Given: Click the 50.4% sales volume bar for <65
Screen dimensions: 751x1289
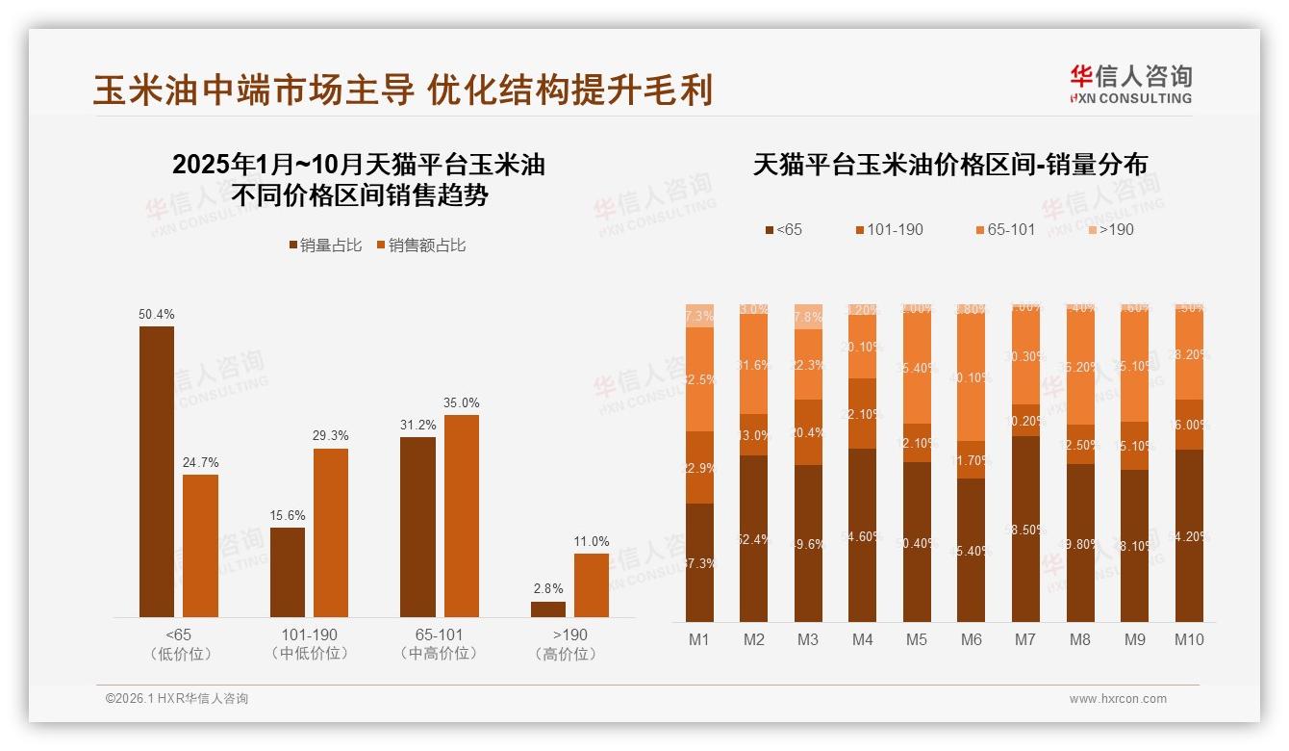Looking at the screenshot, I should tap(157, 472).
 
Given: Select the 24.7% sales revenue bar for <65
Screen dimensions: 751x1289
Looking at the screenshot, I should tap(200, 546).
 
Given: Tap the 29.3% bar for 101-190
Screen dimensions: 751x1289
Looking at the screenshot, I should tap(331, 532).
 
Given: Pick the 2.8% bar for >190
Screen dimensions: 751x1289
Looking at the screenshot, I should tap(548, 609).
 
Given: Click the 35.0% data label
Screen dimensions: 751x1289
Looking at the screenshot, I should tap(461, 402).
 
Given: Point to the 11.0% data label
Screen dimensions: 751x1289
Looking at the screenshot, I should tap(592, 541).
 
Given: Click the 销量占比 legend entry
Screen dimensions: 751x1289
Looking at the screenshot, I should tap(325, 246).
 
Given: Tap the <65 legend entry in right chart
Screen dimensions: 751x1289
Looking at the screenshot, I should tap(783, 229).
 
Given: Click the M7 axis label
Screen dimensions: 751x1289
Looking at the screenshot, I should tap(1025, 639).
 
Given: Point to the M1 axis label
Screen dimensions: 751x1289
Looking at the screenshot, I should tap(699, 639).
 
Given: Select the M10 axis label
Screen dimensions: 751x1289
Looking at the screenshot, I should tap(1189, 639).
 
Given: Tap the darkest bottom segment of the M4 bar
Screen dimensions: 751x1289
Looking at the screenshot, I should tap(863, 534).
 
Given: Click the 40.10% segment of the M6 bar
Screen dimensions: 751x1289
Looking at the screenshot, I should tap(972, 378).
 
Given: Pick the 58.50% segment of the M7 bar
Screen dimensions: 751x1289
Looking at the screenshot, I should tap(1025, 529).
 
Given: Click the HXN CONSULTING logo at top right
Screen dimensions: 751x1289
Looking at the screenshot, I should tap(1130, 85).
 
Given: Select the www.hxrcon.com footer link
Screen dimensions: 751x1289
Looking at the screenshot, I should tap(1118, 699).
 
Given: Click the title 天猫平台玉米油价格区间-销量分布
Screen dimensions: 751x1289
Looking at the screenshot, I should tap(950, 165).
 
